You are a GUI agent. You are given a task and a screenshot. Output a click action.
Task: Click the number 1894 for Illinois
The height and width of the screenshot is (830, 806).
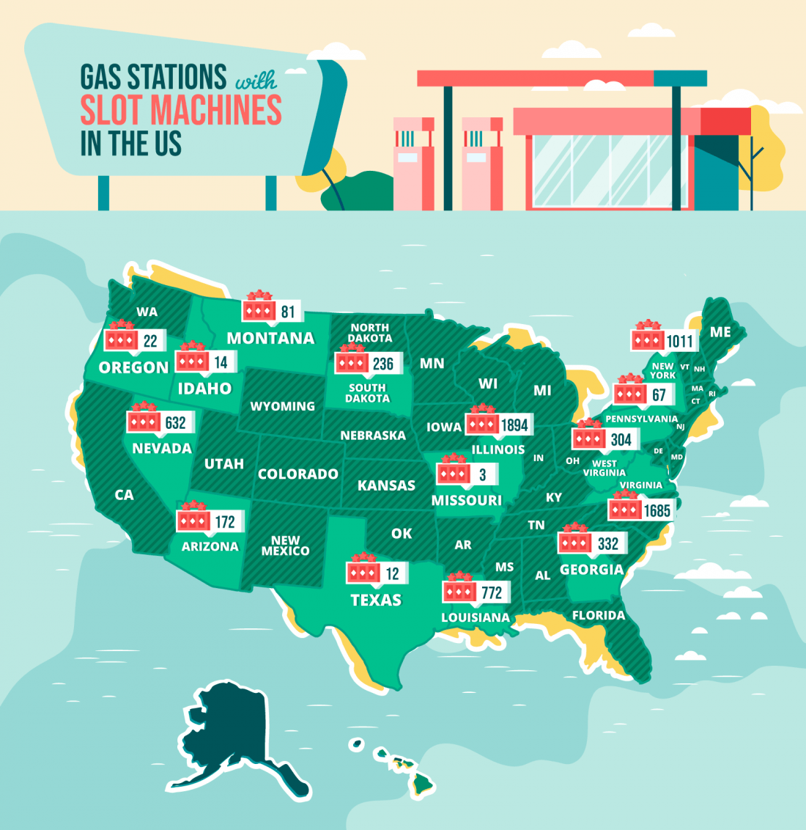click(x=514, y=425)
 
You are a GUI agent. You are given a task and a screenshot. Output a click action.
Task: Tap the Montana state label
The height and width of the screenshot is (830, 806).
click(x=270, y=338)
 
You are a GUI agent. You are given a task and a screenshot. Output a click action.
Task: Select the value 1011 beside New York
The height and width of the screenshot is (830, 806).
click(x=679, y=342)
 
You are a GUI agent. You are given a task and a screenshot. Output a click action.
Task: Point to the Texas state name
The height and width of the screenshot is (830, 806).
click(x=376, y=600)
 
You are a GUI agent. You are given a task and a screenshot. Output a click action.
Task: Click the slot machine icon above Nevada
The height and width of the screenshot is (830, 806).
click(x=144, y=421)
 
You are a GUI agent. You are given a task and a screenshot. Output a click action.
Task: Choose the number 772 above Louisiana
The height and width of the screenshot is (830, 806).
click(x=492, y=592)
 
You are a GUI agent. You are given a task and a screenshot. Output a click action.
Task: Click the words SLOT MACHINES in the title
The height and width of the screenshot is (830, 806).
click(x=180, y=110)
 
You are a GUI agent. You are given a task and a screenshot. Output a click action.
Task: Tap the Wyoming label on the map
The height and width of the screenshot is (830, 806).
click(x=282, y=406)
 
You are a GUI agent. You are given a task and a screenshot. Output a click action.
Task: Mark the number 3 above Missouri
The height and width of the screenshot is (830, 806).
click(x=482, y=474)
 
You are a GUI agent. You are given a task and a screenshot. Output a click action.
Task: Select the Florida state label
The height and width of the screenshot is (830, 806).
click(x=599, y=615)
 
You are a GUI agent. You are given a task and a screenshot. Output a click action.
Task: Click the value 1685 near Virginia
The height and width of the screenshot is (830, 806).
click(x=657, y=510)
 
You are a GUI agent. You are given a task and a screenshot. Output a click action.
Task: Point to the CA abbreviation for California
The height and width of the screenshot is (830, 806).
click(x=125, y=495)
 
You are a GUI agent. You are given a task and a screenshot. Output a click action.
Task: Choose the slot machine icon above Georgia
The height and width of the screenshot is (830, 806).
click(x=575, y=541)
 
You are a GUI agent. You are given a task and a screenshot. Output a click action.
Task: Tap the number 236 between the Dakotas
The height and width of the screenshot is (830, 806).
click(x=382, y=364)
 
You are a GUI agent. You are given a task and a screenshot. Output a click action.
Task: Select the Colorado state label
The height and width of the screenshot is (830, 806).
click(x=297, y=474)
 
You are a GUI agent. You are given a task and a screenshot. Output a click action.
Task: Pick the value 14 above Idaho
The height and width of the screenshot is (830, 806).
click(x=221, y=362)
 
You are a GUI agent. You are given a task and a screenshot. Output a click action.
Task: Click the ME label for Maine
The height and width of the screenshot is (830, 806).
click(x=720, y=332)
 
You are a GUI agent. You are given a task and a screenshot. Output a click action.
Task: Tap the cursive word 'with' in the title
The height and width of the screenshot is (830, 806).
click(x=256, y=78)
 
